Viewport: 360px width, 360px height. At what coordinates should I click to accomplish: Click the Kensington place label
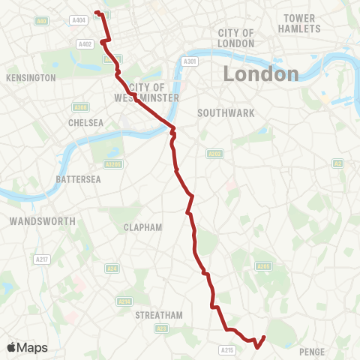31,78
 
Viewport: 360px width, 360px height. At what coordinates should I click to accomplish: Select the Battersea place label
78,179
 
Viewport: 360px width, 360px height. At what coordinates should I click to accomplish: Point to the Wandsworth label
43,221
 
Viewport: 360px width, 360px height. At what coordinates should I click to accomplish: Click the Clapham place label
143,226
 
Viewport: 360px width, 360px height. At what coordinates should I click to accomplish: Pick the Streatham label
159,316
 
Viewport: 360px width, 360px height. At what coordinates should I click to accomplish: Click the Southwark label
226,112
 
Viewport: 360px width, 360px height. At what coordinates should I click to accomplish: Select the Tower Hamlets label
302,23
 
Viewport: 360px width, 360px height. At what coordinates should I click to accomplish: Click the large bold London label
259,74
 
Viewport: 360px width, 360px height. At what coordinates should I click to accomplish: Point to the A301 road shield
190,61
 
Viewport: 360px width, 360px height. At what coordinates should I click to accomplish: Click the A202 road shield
213,153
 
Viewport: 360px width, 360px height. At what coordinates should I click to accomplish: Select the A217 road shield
43,259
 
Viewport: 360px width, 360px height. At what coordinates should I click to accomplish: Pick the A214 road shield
124,301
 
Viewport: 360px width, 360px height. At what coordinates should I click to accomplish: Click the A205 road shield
263,266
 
